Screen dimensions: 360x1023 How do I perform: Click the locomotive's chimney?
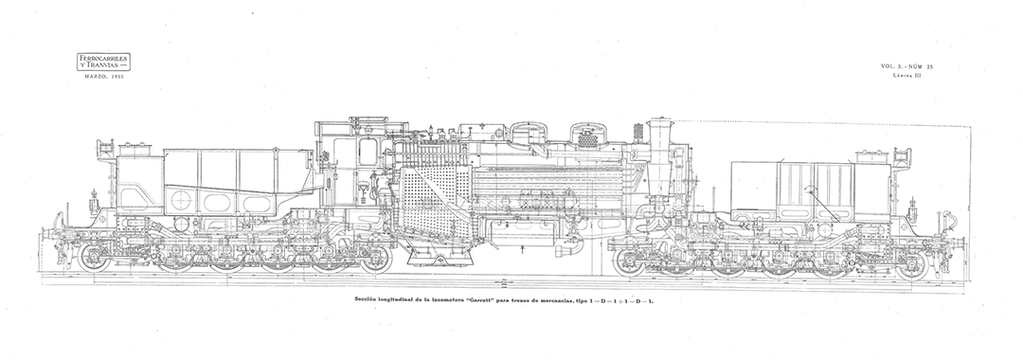tap(659, 133)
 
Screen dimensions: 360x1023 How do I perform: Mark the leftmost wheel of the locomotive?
tap(95, 258)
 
